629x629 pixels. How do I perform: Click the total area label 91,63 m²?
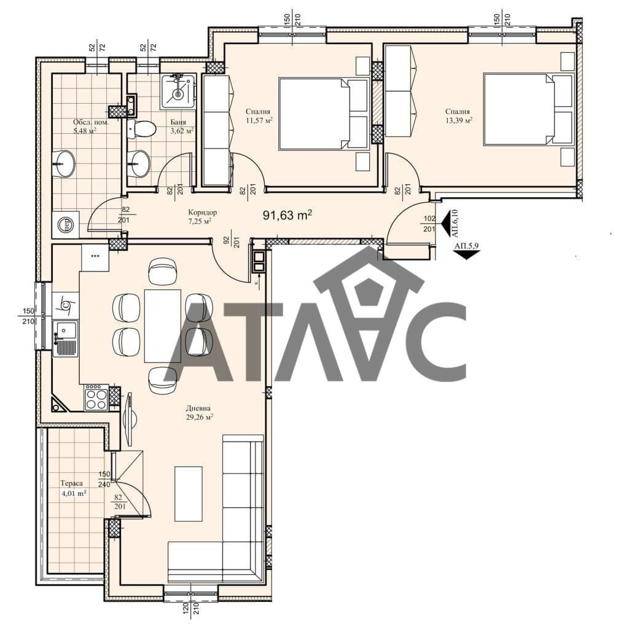pos(287,215)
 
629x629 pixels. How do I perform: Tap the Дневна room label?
pos(198,408)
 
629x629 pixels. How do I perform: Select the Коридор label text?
pos(203,212)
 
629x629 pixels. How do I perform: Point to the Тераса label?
pos(71,483)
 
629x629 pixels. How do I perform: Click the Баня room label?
pos(178,122)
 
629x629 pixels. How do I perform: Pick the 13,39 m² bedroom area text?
pos(458,120)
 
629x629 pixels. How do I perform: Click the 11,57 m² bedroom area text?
pos(260,120)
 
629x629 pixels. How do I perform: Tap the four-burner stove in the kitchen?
pos(96,397)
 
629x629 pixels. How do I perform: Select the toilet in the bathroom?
pos(141,129)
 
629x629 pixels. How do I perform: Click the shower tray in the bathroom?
pos(179,92)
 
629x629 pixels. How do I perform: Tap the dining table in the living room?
pos(162,326)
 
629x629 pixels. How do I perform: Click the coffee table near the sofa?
pos(188,493)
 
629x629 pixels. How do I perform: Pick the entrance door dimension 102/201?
pos(429,224)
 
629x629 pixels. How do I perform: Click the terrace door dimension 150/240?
pos(104,479)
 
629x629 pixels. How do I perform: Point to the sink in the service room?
pos(64,163)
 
